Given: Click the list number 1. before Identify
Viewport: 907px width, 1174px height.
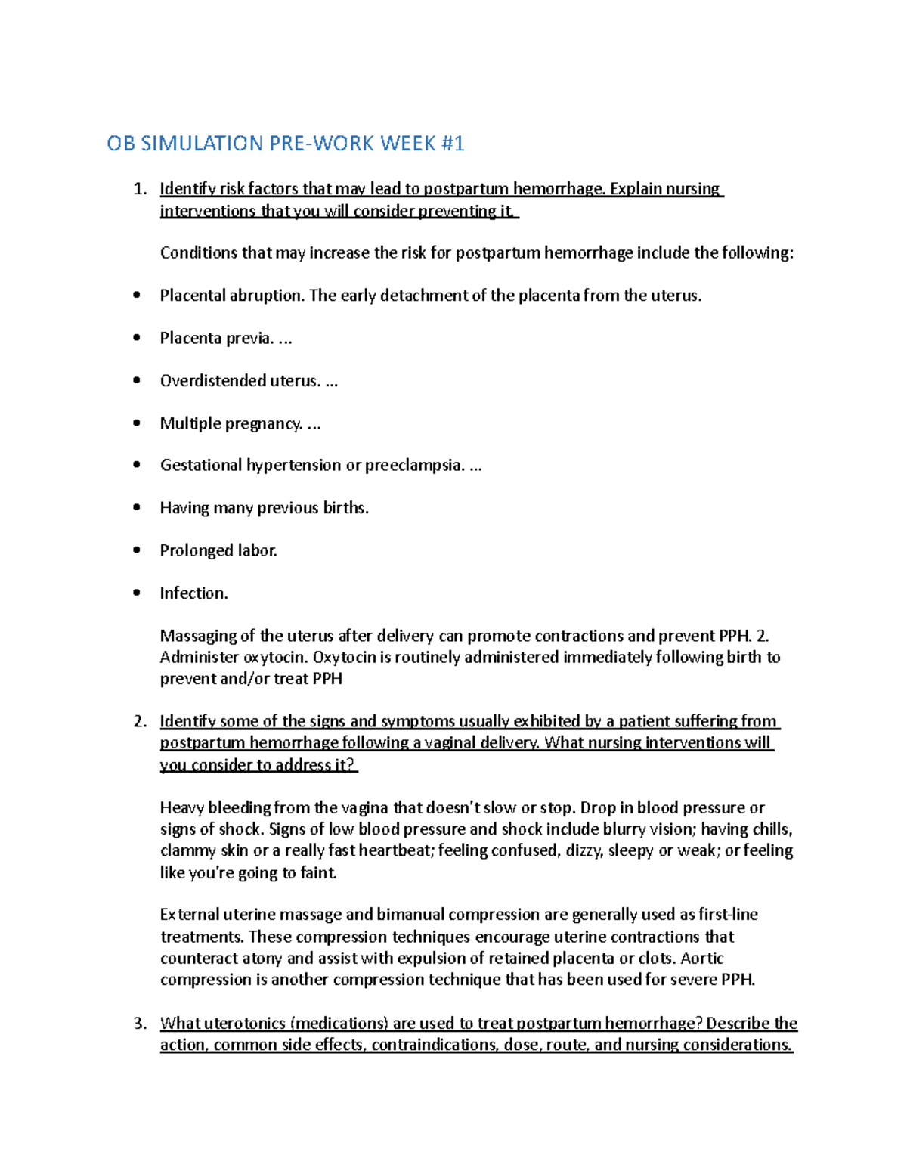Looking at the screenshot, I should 140,189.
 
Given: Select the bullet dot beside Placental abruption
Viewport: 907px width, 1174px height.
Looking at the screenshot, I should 137,296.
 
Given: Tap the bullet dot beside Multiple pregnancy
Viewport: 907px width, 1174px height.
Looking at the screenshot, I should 137,423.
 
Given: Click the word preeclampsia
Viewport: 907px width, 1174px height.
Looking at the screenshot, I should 413,465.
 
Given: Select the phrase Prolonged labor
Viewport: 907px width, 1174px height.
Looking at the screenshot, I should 218,550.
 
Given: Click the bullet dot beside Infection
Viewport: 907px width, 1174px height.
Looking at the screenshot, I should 137,593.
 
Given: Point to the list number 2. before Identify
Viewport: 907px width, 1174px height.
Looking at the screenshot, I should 140,721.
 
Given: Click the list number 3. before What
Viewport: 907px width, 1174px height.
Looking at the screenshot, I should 140,1024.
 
